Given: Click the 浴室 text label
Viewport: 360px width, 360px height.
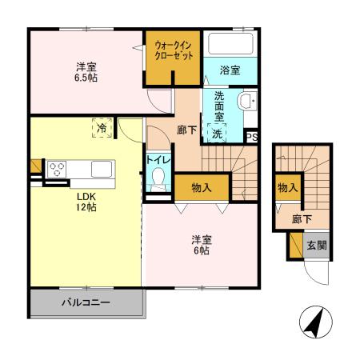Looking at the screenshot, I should coord(229,71).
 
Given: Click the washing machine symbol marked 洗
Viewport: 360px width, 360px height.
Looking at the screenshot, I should coord(217,134).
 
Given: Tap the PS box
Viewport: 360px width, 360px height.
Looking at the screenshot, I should coord(252,137).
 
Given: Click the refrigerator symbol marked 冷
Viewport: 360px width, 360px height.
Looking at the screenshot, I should coord(102,127).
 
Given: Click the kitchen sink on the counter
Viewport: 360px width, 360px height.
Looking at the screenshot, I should coord(101,169).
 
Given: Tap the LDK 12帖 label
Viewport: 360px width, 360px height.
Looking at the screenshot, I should coord(86,202).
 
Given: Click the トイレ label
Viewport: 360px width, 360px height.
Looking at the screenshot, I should coord(158,159).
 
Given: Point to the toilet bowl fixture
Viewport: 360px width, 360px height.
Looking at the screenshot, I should coord(158,178).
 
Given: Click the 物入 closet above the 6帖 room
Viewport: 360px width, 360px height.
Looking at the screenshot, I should coord(202,188).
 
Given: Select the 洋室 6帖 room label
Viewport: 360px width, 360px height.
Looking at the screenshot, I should coord(200,245).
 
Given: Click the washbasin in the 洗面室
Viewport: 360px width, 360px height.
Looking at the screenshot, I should coord(248,101).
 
